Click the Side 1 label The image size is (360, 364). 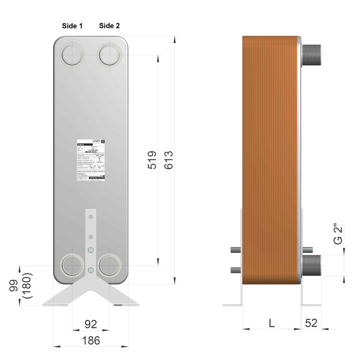(72, 26)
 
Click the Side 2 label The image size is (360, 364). (109, 26)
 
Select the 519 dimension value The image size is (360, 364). (152, 160)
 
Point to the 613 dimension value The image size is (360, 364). (168, 160)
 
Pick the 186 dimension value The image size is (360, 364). (91, 341)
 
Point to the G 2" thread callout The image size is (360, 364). (338, 235)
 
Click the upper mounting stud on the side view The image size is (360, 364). (236, 250)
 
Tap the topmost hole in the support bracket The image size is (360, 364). (91, 217)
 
